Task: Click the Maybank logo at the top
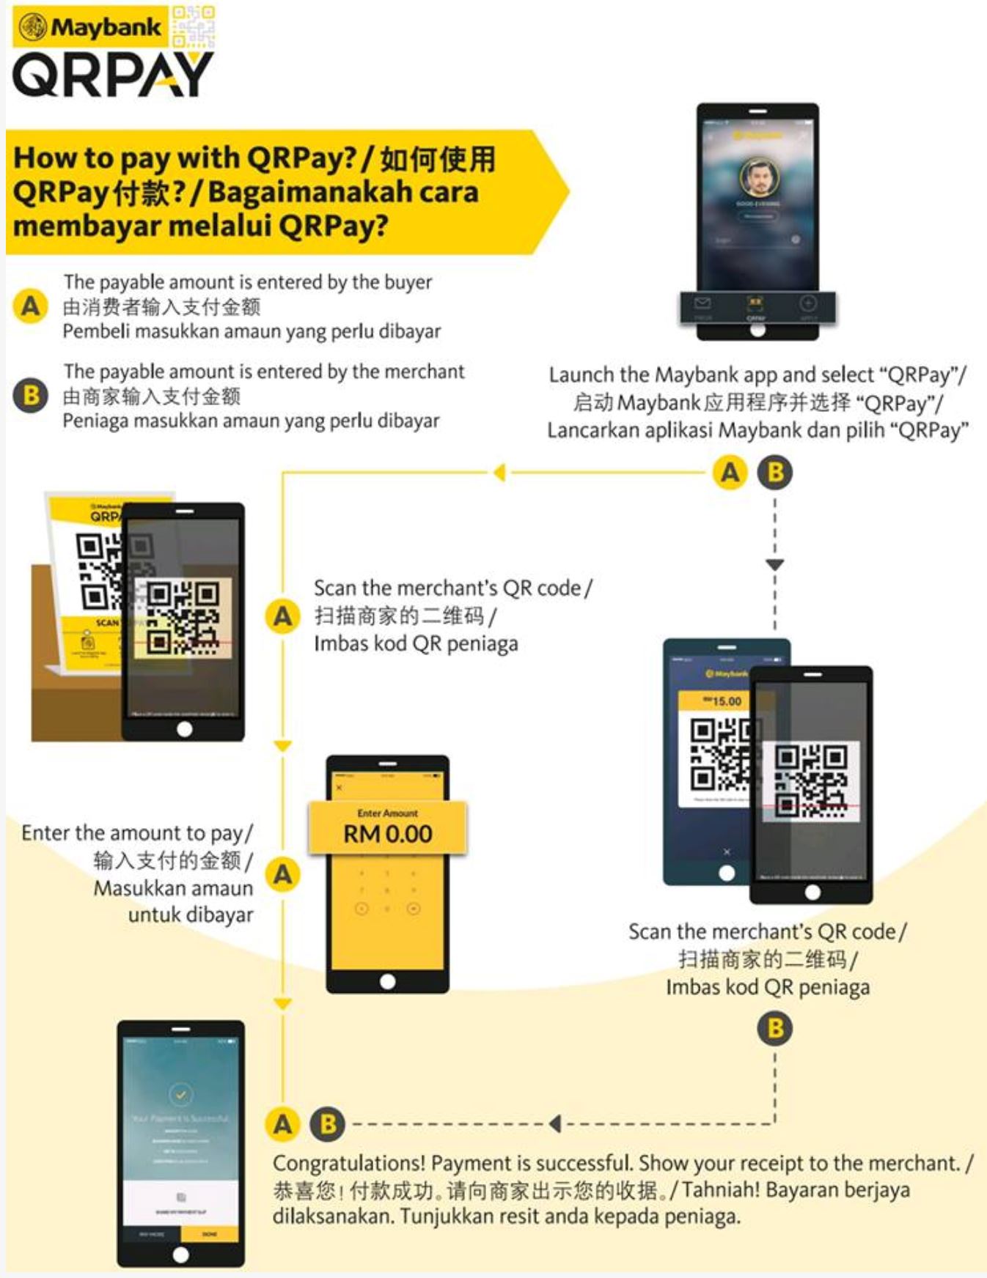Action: (x=89, y=28)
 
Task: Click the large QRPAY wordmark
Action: (x=111, y=75)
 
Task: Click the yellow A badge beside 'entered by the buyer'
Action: (x=31, y=306)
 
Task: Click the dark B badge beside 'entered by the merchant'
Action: (x=31, y=396)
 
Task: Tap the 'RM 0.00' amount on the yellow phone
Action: (x=387, y=834)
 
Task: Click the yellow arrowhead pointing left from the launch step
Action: (x=500, y=473)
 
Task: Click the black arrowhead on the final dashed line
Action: (x=555, y=1123)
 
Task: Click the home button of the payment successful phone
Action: (x=180, y=1255)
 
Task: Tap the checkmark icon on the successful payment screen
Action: (x=180, y=1095)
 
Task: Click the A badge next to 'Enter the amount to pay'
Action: (x=283, y=874)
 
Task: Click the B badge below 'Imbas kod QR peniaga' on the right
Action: (x=775, y=1028)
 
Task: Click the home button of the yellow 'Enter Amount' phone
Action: (x=387, y=981)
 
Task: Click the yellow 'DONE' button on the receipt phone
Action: (x=210, y=1234)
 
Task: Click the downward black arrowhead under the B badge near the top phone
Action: (x=775, y=565)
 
